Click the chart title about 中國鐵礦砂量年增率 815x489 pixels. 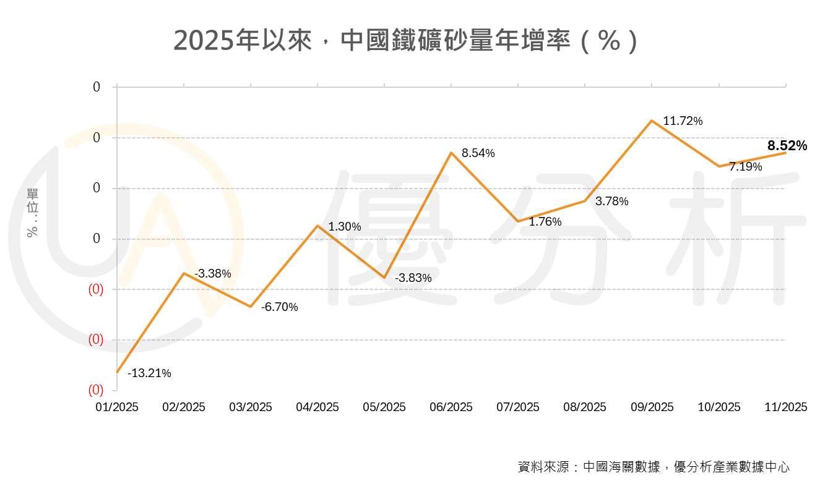coord(406,41)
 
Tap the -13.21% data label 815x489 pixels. coord(149,373)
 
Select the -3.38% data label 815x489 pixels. coord(213,273)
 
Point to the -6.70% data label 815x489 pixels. coord(279,307)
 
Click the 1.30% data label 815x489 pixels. coord(345,227)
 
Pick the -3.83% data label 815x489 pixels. coord(413,278)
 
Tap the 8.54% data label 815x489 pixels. coord(478,153)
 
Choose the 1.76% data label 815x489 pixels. coord(545,222)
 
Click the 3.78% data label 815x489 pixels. coord(612,202)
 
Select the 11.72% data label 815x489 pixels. coord(683,121)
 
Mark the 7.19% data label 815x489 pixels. coord(746,167)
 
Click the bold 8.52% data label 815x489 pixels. coord(787,147)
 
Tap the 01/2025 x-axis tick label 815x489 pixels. coord(117,407)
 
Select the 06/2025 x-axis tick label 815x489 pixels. coord(451,407)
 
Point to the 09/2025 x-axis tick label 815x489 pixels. coord(652,407)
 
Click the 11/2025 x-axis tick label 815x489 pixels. coord(786,407)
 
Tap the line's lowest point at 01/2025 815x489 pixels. coord(117,372)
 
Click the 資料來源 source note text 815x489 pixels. coord(653,467)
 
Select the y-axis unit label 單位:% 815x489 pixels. coord(33,213)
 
